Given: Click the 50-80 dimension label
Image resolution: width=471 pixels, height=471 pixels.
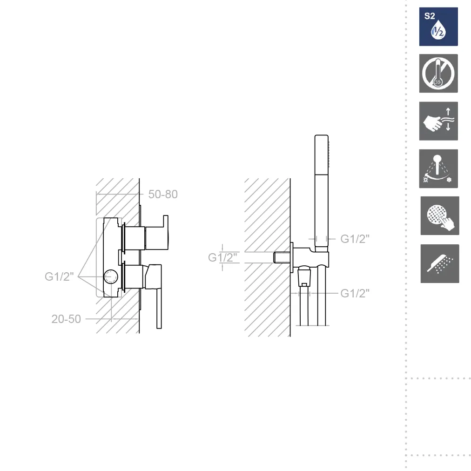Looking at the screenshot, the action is pos(163,195).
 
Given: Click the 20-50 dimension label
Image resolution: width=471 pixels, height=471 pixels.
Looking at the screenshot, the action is pos(66,319).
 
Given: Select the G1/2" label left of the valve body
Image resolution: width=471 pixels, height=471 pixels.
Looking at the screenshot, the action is pos(59,276).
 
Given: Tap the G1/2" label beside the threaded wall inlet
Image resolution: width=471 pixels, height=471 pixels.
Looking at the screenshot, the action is pos(222,257).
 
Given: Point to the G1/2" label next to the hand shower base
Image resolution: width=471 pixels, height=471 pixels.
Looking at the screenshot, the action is pos(355,239).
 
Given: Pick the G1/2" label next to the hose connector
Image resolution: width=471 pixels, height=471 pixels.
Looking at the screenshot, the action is pos(355,293).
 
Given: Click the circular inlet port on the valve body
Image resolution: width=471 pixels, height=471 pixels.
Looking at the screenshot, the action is pos(111,276).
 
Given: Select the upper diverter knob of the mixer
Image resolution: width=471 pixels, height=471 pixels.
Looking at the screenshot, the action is pos(156,233).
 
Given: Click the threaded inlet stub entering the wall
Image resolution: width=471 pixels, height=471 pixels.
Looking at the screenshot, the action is pos(282,257).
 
